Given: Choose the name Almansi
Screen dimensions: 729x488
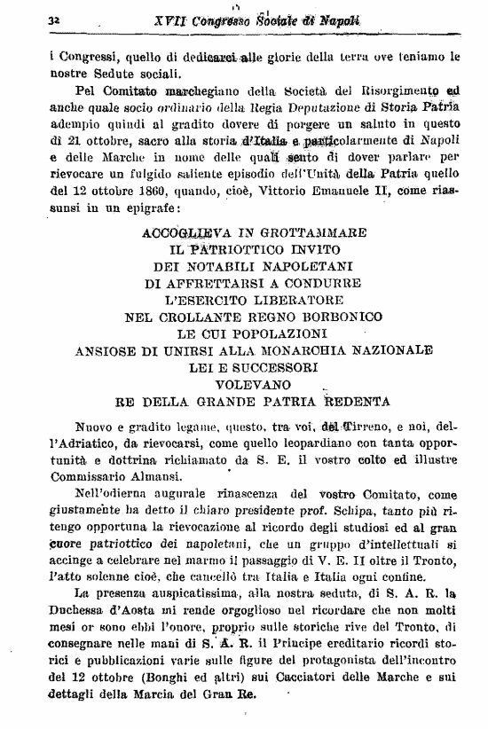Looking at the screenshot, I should (x=136, y=474).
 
